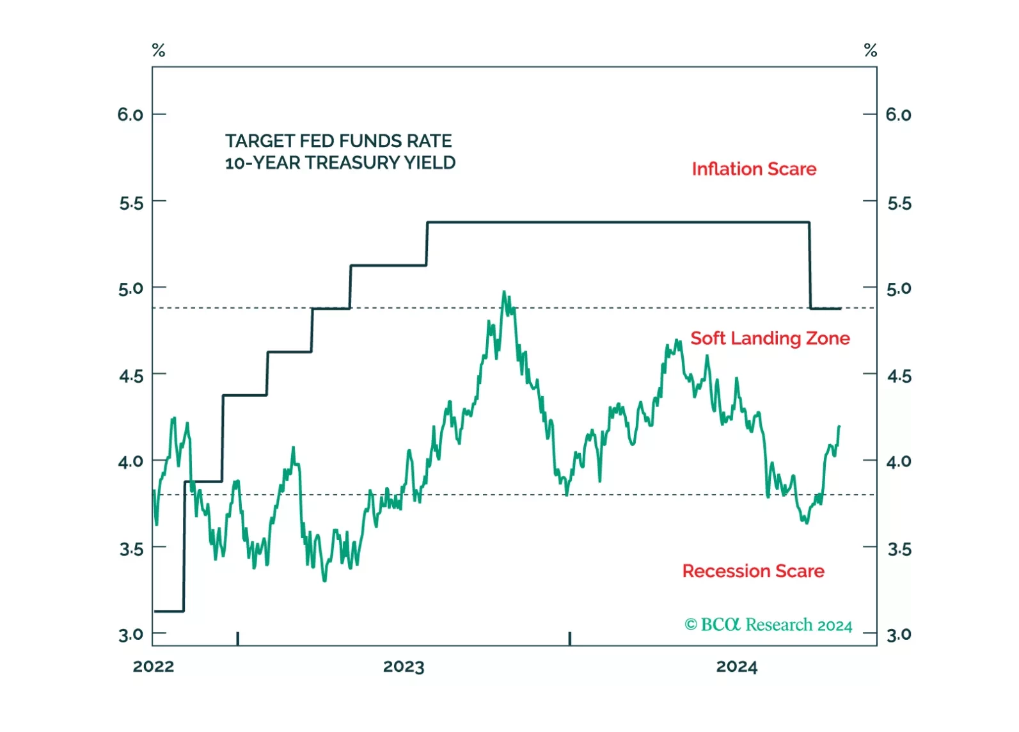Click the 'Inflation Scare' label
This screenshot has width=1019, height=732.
click(754, 169)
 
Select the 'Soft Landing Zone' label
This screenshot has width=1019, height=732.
click(770, 338)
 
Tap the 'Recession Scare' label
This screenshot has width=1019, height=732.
click(753, 571)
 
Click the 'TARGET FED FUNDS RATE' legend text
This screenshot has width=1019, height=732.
click(338, 141)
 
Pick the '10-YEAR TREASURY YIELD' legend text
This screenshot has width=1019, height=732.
click(340, 163)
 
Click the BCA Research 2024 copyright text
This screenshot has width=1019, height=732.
click(768, 625)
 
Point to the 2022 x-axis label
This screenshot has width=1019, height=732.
click(154, 667)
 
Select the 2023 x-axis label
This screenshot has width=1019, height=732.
click(404, 667)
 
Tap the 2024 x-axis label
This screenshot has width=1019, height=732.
click(736, 667)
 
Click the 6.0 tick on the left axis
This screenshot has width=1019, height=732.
click(130, 115)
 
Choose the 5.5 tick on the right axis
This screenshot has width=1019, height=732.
click(899, 203)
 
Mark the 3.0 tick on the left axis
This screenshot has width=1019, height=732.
click(130, 635)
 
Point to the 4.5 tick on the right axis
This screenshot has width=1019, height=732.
click(899, 376)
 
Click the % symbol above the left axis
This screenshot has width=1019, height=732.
click(159, 51)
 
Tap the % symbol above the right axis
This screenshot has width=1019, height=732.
click(870, 51)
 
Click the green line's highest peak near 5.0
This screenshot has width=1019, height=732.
click(504, 292)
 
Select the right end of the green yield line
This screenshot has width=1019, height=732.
click(839, 426)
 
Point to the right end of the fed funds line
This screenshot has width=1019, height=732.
click(840, 308)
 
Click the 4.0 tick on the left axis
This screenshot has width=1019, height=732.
click(130, 461)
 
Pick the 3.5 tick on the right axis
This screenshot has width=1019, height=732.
click(899, 549)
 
